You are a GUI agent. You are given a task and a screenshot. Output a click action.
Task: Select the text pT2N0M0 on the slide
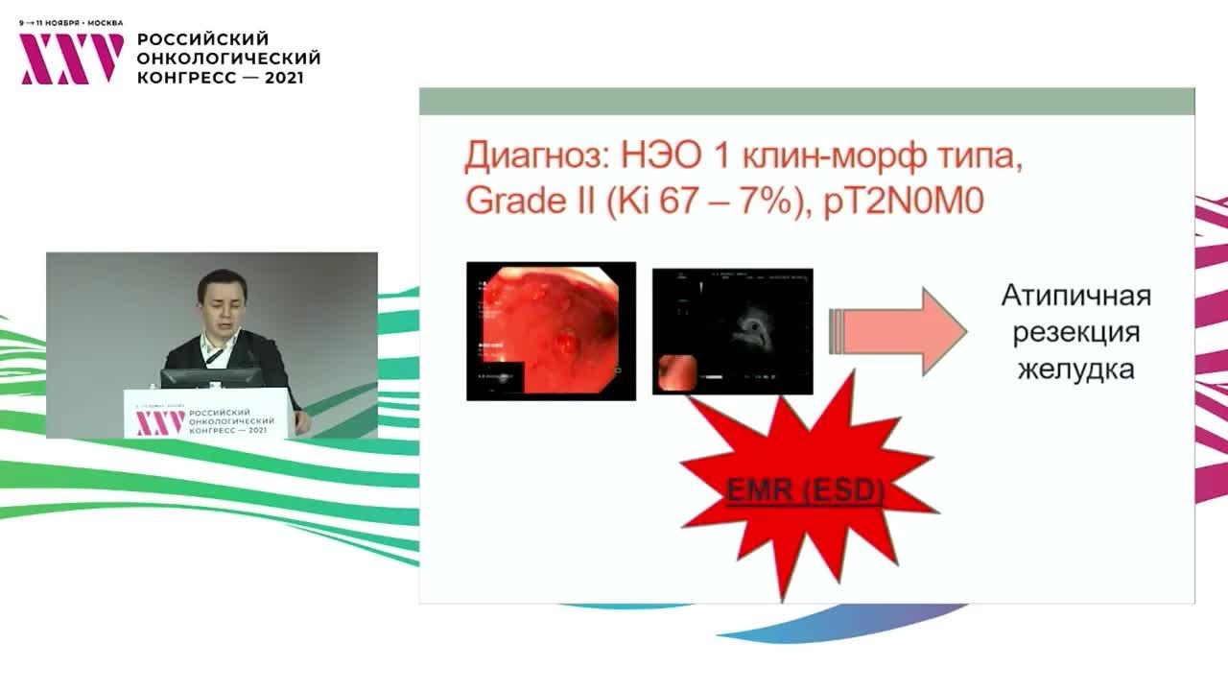904,203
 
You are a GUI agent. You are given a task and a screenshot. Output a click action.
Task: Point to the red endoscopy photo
551,330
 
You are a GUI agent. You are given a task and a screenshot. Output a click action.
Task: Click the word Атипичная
1075,296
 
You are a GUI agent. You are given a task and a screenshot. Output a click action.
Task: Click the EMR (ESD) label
805,491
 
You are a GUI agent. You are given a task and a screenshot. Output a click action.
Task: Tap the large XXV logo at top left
72,59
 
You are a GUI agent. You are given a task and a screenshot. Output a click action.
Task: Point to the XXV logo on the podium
159,422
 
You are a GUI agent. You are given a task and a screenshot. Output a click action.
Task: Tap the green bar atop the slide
806,101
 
